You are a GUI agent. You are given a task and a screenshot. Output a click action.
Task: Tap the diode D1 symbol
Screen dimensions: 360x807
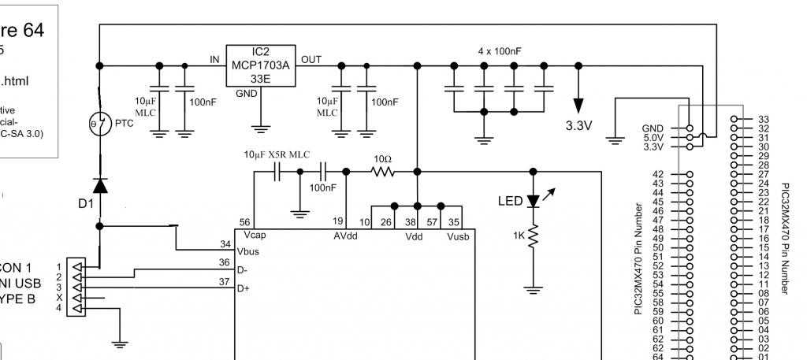[100, 186]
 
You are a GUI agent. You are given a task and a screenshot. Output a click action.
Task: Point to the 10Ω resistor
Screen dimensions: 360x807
[382, 170]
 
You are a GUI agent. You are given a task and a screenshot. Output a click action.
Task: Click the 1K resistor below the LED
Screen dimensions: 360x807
[534, 236]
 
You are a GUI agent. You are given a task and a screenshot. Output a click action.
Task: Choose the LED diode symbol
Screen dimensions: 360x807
[534, 202]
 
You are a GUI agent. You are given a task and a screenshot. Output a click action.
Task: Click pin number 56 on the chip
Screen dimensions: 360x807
[247, 223]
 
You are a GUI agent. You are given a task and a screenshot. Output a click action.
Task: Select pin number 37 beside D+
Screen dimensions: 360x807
[225, 281]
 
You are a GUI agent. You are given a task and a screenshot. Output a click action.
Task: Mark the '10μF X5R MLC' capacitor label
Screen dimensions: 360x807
[276, 154]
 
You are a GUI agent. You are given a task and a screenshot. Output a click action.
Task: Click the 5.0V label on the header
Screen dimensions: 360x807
[655, 137]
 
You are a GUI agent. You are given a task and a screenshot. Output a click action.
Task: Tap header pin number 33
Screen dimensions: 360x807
[762, 120]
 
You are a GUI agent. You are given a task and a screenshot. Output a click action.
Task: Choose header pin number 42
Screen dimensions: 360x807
[659, 174]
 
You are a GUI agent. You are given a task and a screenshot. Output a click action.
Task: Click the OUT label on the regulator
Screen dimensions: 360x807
[311, 60]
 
